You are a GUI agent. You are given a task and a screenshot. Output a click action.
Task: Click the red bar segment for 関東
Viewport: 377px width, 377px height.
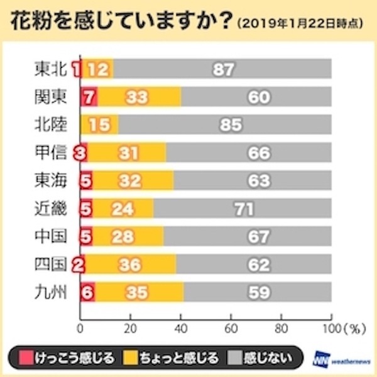click(x=89, y=97)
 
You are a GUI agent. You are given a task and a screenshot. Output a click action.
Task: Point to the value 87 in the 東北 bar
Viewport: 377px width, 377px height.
click(x=222, y=69)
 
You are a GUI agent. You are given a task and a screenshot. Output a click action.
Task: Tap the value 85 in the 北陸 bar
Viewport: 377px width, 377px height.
click(x=231, y=124)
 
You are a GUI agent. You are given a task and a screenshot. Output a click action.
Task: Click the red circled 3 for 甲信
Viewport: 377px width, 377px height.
click(x=79, y=153)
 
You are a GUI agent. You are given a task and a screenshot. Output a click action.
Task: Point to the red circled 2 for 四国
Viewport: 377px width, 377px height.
click(x=79, y=264)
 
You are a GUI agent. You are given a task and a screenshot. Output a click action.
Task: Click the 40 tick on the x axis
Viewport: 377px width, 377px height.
click(x=181, y=327)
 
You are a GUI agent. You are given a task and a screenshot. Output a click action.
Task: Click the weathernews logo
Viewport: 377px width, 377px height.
click(x=340, y=360)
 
